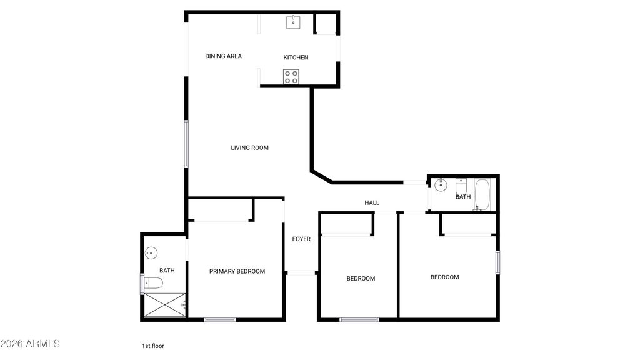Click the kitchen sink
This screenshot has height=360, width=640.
(293, 22)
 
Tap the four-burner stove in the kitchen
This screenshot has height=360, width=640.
(291, 77)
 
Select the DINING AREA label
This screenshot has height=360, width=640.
(223, 56)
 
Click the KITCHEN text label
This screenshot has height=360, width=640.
(296, 57)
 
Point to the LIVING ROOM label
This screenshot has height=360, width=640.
(249, 148)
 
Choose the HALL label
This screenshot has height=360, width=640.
(372, 202)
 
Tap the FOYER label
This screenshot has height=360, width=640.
(301, 239)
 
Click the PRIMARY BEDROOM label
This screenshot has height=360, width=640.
(237, 271)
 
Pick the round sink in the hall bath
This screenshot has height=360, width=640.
(441, 184)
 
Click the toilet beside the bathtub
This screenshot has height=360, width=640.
(461, 186)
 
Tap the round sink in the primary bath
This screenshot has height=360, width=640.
(150, 253)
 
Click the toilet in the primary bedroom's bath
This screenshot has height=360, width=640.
(153, 284)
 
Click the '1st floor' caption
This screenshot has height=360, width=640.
(152, 346)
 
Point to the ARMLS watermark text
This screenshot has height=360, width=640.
(30, 344)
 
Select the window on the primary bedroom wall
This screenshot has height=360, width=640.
(220, 320)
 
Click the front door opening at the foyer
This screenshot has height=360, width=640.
(301, 272)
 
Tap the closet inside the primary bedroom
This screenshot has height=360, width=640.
(220, 210)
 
